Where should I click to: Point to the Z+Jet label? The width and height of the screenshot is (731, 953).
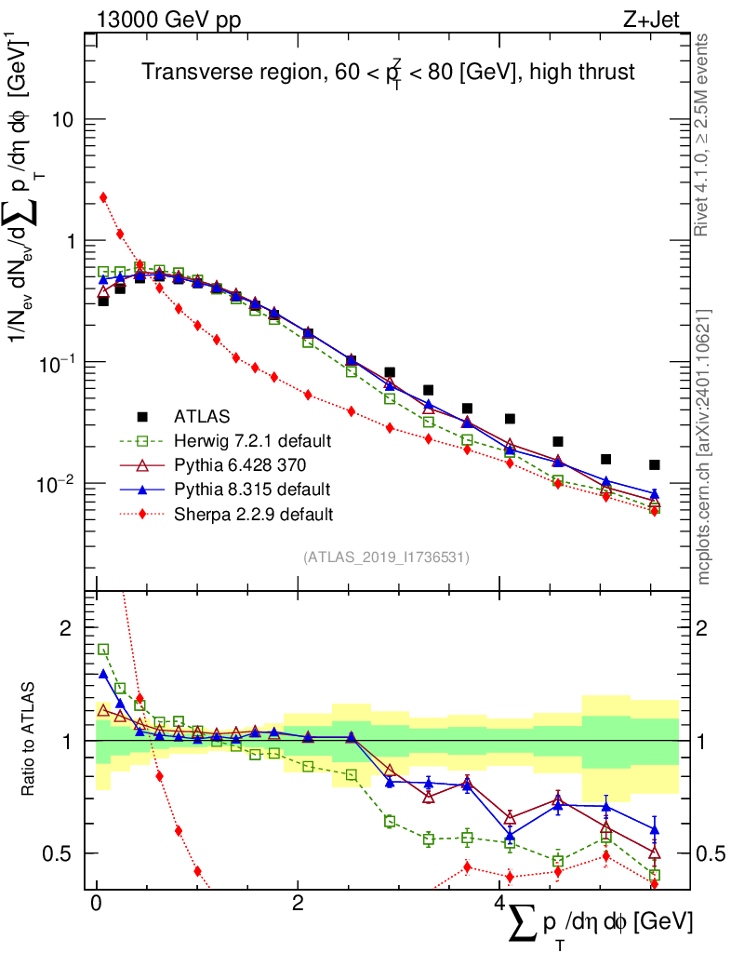[x=665, y=20]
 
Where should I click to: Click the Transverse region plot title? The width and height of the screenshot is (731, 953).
[x=388, y=73]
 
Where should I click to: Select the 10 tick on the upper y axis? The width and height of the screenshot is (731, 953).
[x=63, y=120]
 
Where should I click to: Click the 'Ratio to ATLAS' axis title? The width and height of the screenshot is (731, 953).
[x=31, y=740]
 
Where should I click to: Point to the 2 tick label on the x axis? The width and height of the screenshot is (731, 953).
[x=298, y=904]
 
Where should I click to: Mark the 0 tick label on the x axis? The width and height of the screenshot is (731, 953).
[x=96, y=904]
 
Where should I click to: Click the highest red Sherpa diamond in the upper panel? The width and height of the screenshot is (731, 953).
[x=103, y=197]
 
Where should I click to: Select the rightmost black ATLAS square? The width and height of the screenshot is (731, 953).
[x=655, y=464]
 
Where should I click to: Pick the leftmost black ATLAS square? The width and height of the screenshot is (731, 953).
[x=103, y=301]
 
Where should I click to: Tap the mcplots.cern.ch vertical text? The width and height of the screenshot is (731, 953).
[x=704, y=447]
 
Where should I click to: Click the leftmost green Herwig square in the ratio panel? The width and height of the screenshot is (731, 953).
[x=103, y=650]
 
